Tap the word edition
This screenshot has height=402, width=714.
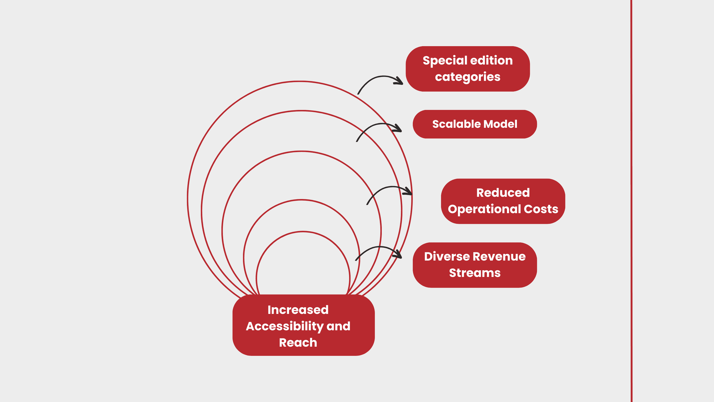(x=491, y=60)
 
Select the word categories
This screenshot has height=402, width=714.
(x=468, y=77)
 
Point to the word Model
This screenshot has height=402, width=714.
(x=500, y=124)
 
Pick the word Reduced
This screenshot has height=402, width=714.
(x=503, y=193)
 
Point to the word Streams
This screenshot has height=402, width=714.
(x=475, y=273)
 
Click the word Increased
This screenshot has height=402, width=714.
(x=298, y=310)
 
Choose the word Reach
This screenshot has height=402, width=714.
(x=298, y=343)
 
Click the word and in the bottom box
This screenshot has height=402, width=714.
(x=338, y=326)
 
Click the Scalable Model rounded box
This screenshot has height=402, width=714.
(x=475, y=124)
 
